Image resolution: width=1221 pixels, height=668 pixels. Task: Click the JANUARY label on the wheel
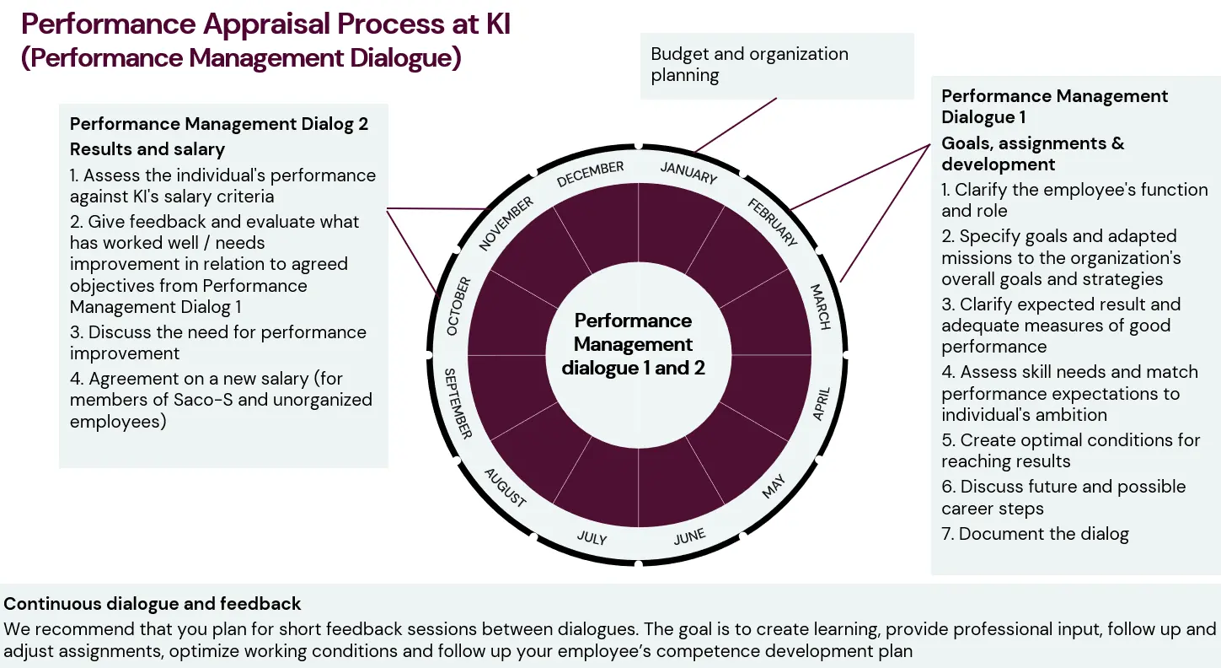(688, 172)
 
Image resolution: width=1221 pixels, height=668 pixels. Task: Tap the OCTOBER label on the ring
(459, 305)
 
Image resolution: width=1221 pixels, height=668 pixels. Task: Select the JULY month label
(592, 537)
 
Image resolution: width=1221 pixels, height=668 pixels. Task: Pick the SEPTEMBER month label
(458, 403)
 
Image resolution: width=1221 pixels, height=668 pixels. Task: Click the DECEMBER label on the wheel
(590, 173)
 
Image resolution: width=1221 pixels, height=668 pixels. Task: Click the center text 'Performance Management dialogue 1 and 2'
(634, 344)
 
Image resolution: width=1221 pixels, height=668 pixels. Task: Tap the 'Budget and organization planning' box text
(749, 64)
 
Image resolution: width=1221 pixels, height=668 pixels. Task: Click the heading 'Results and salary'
(147, 149)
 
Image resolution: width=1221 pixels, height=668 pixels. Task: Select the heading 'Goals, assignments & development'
(1032, 154)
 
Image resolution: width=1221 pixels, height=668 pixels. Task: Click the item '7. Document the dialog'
(1035, 534)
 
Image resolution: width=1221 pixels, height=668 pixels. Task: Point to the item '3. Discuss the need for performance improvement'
(218, 342)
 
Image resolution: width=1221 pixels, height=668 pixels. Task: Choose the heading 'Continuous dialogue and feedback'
(153, 604)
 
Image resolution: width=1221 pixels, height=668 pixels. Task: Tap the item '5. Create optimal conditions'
(1070, 450)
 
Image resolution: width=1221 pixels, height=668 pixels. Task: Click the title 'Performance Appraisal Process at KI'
(265, 24)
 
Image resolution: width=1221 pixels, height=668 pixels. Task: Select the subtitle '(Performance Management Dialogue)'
(241, 59)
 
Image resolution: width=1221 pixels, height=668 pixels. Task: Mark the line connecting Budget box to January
(735, 126)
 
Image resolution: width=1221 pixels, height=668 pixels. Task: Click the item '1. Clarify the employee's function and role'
(1074, 200)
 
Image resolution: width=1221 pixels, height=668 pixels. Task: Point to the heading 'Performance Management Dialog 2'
(219, 124)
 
